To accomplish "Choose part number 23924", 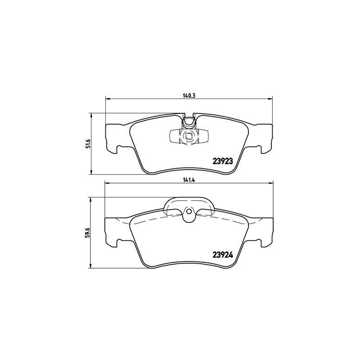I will tap(222, 255).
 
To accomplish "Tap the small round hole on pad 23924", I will tap(189, 211).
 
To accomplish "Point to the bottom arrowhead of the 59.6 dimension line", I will tap(91, 266).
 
